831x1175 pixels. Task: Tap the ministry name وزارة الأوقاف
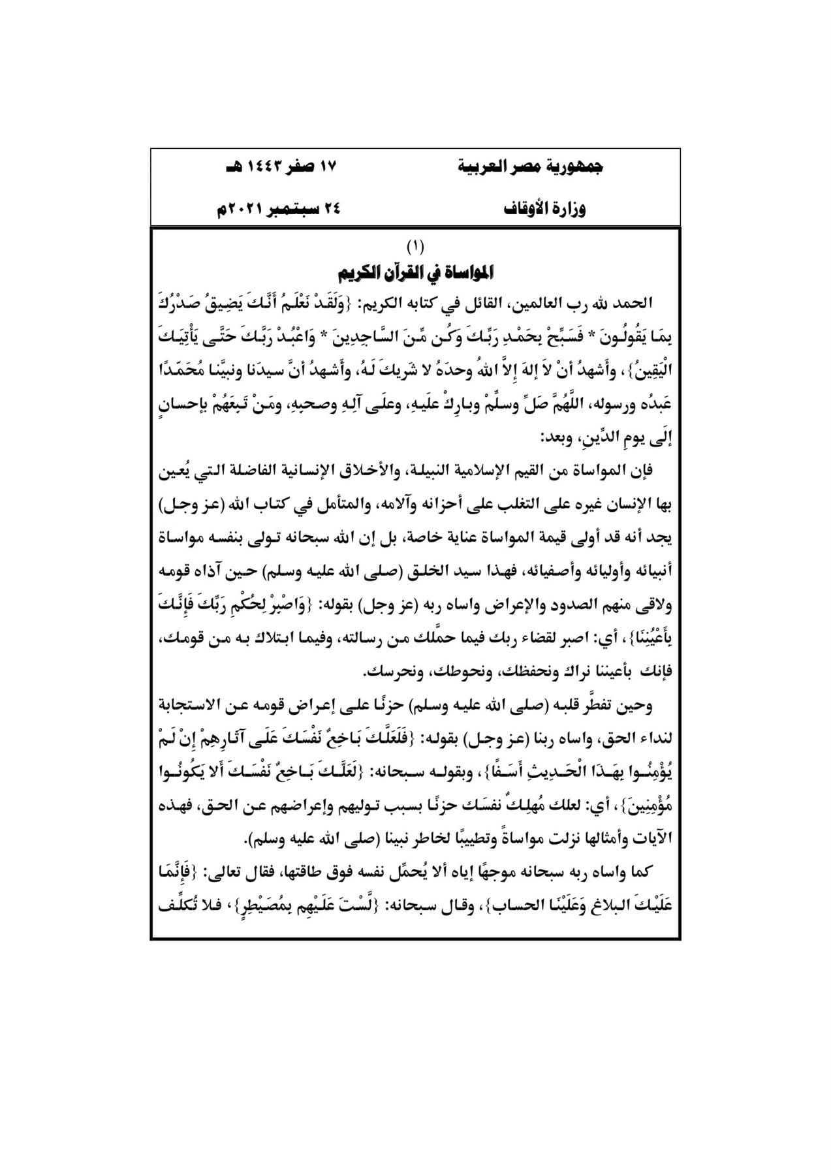546,210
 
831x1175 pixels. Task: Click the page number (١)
415,247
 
